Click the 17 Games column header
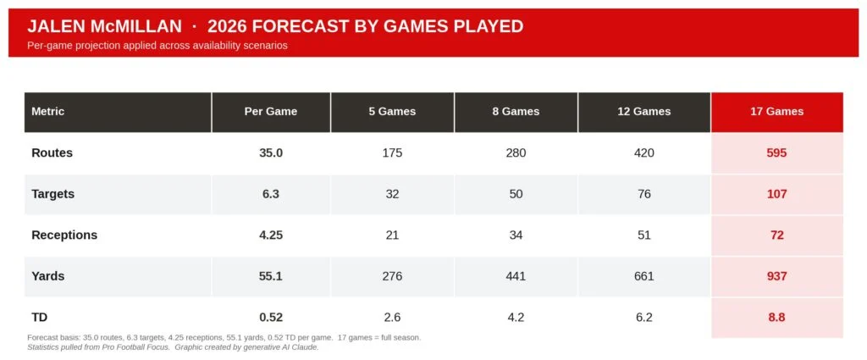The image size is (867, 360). coord(776,111)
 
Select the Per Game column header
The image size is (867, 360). coord(271,111)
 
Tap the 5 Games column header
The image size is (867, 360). coord(392,111)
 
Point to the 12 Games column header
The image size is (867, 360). coord(644,111)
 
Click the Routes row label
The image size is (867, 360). coord(52,152)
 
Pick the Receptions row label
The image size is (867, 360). coord(64,235)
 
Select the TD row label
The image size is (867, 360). coord(40,317)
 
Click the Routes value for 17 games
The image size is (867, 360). coord(776,152)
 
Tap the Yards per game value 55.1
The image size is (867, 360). coord(271,276)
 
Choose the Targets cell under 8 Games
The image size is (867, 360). coord(516,194)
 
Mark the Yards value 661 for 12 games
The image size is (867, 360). coord(644,276)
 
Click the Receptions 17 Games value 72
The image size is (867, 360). coord(776,235)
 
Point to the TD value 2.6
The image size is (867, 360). coord(392,317)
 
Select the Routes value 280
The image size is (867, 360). coord(516,152)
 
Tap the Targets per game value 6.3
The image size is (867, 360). coord(271,194)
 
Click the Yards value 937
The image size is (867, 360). coord(776,276)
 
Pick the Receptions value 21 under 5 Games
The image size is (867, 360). coord(392,235)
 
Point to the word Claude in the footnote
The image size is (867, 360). coord(304,347)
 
